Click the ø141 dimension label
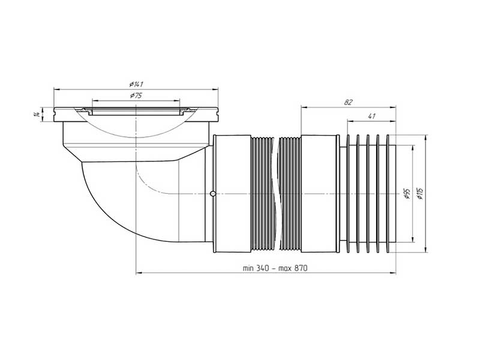point(137,84)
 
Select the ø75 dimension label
point(136,95)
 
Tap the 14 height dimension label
point(37,115)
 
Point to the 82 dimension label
point(348,102)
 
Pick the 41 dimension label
point(371,116)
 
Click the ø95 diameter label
point(407,194)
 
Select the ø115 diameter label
point(421,193)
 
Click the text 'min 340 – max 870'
point(275,268)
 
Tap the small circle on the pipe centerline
point(213,193)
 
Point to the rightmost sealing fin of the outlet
point(388,194)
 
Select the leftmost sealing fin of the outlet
point(348,194)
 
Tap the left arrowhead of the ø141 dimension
point(56,89)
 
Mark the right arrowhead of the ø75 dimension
point(177,100)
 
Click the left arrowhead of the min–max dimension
point(139,272)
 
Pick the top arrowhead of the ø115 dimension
point(426,137)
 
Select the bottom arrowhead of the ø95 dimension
point(413,239)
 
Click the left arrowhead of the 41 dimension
point(350,121)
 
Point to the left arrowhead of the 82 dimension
point(304,107)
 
